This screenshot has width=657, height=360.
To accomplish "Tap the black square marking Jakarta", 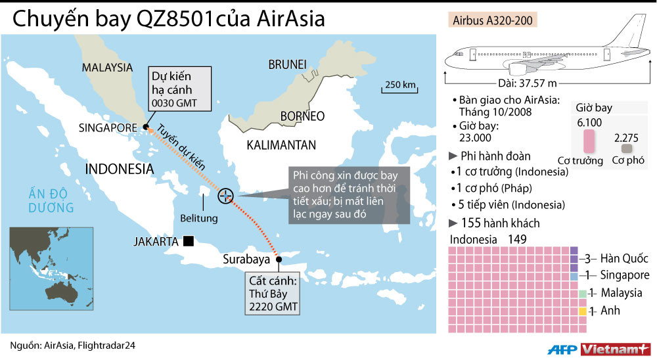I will [x=189, y=241].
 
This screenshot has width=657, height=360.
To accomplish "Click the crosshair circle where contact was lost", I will [x=225, y=195].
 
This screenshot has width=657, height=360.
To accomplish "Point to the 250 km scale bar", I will [x=400, y=89].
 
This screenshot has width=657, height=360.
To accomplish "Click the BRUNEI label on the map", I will [x=288, y=64].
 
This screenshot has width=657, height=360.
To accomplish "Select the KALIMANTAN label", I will [x=281, y=145].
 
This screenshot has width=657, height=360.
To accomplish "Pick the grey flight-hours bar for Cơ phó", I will [x=626, y=149].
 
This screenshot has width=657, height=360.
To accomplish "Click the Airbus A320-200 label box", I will [x=493, y=20].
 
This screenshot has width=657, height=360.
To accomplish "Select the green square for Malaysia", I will [x=574, y=293].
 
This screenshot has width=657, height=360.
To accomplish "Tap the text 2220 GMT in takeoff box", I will [x=271, y=306].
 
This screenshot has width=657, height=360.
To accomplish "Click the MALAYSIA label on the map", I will [x=107, y=67].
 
